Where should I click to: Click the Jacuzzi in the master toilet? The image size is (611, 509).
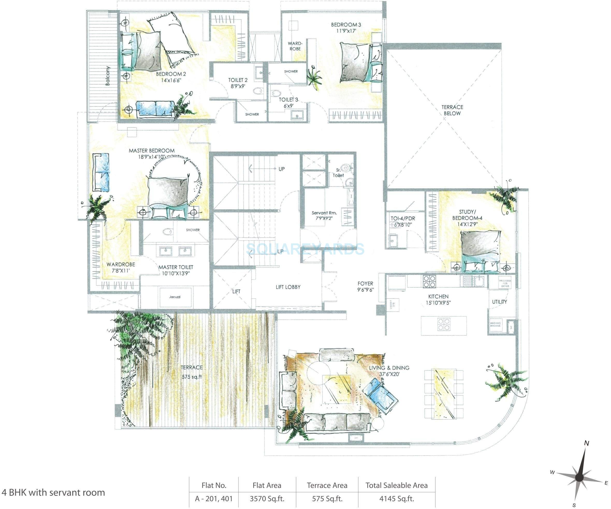(175, 297)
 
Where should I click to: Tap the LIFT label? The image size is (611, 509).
(236, 291)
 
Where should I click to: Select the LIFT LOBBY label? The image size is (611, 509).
(288, 287)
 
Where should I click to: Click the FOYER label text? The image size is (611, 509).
(366, 283)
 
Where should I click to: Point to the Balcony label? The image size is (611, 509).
(108, 76)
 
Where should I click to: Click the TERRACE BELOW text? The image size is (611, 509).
(452, 110)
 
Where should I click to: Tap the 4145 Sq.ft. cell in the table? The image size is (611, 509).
(396, 499)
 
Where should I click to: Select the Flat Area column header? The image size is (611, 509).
(267, 485)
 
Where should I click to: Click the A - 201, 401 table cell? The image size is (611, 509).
(214, 499)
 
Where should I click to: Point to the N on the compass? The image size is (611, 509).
(587, 443)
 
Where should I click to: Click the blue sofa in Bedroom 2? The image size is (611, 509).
(156, 109)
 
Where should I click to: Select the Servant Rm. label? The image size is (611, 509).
(324, 213)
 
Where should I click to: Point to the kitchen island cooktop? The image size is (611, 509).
(444, 325)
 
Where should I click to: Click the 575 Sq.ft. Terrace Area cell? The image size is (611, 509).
(327, 499)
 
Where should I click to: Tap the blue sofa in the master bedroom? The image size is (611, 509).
(101, 172)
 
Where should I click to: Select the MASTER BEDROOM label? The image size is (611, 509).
(152, 151)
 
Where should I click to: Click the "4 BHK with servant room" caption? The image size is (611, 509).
(53, 492)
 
